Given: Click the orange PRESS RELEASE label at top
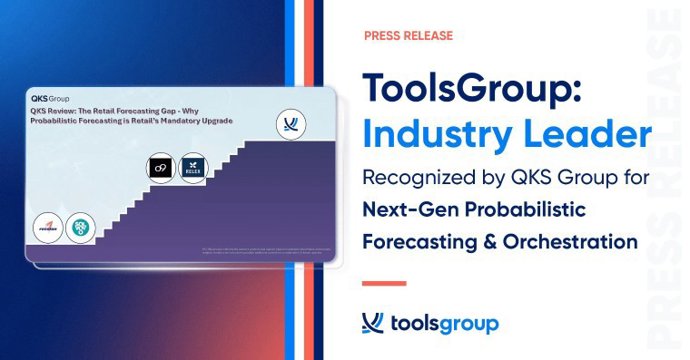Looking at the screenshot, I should (408, 36).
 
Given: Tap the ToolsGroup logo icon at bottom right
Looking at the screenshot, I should (373, 323).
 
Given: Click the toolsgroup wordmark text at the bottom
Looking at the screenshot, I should (443, 324).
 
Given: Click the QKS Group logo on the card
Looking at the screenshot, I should (50, 99).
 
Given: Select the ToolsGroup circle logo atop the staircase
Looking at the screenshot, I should (291, 125).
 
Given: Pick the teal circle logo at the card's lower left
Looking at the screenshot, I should (81, 227).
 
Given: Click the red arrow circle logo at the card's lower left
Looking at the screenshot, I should (48, 227).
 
